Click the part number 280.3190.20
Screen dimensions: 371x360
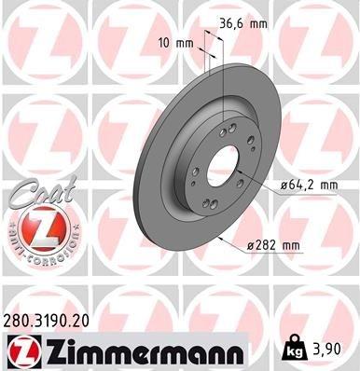coord(53,320)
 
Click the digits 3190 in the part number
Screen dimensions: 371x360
coord(56,320)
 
